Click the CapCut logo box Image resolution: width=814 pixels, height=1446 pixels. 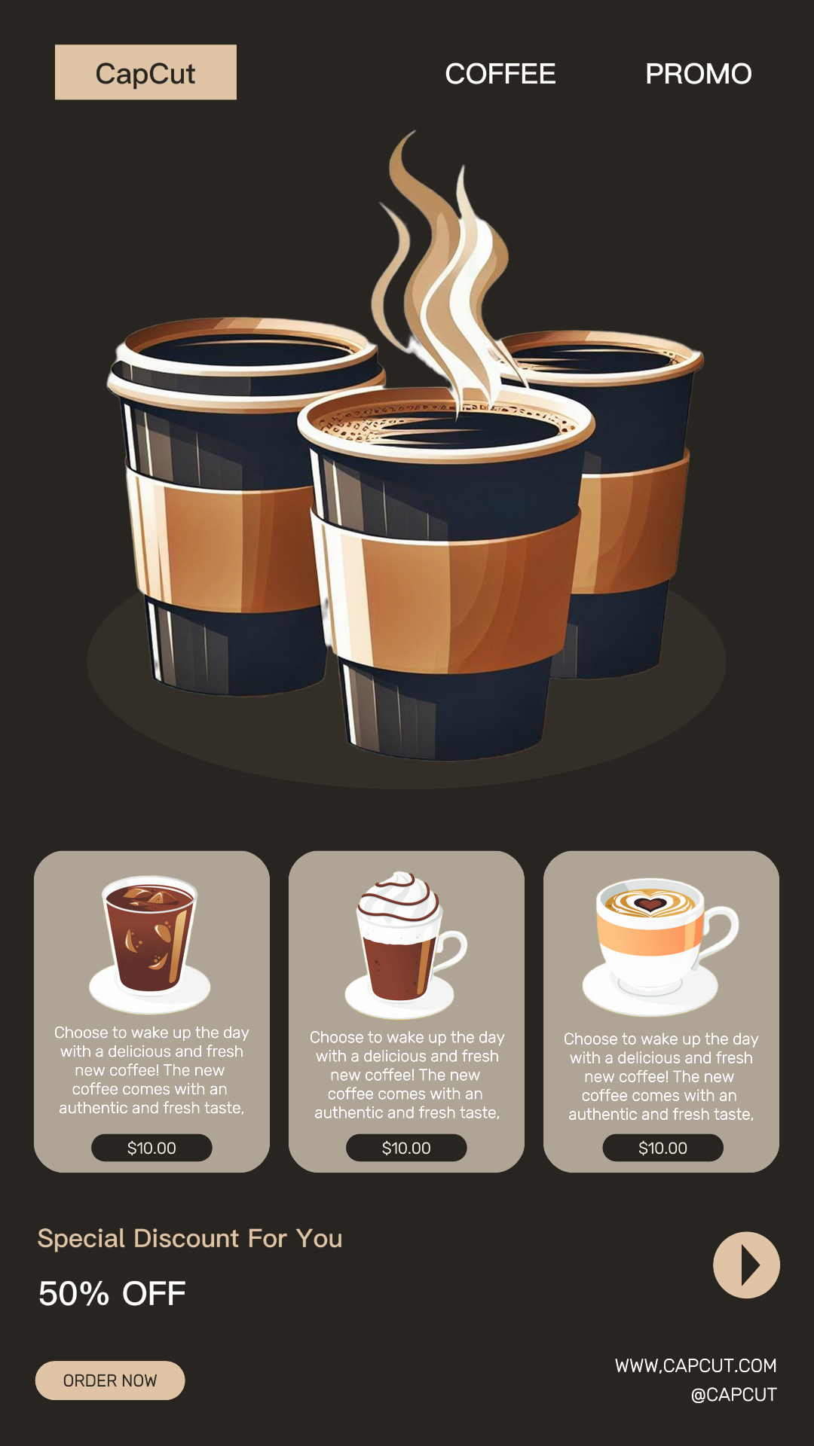[145, 72]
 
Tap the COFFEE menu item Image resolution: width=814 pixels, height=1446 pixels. [500, 74]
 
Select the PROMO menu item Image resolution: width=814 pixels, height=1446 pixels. [699, 74]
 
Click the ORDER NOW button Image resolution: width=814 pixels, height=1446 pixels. [110, 1380]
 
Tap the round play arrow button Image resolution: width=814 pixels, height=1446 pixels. [746, 1265]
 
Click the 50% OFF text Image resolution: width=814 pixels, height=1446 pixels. [112, 1294]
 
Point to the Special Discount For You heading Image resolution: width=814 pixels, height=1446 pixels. [190, 1239]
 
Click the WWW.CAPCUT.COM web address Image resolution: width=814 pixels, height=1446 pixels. [696, 1365]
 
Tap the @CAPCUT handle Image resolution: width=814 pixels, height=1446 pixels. [733, 1395]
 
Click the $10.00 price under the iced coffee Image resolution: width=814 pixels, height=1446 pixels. [151, 1148]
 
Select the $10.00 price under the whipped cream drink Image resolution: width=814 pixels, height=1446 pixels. [406, 1148]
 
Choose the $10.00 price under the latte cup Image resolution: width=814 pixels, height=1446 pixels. [663, 1148]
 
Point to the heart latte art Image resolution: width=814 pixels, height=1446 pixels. [650, 902]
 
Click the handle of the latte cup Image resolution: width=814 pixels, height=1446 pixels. [721, 934]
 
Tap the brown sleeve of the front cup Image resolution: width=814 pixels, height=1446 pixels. [445, 587]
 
